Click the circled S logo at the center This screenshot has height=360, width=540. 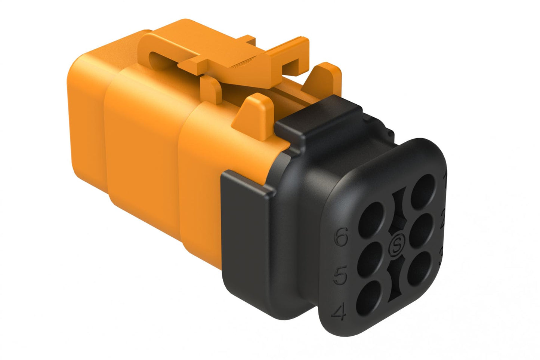pos(396,246)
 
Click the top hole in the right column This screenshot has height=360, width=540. pos(423,191)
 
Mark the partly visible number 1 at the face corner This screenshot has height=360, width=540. pos(444,179)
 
